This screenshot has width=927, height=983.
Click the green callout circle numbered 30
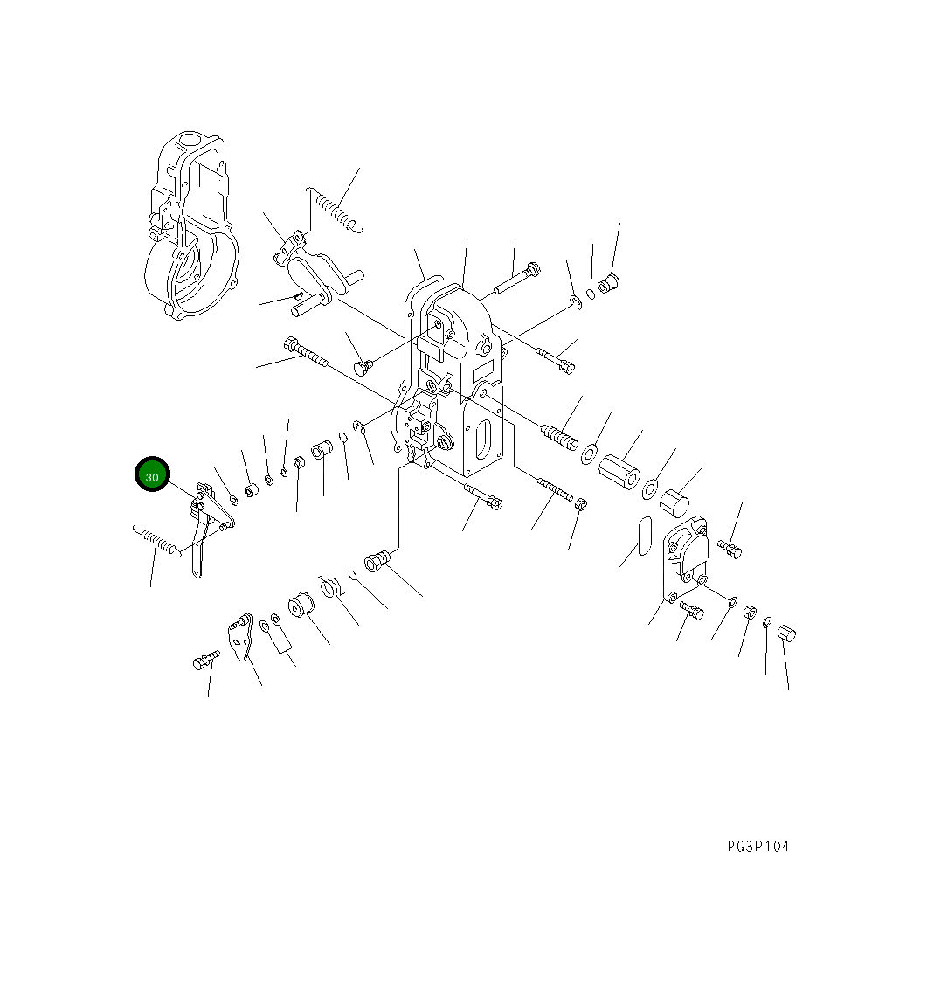tap(152, 476)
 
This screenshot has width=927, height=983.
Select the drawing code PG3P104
tap(758, 847)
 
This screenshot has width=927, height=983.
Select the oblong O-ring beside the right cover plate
tap(643, 536)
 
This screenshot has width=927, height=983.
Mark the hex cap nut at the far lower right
tap(788, 633)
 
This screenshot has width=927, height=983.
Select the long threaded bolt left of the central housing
tap(307, 354)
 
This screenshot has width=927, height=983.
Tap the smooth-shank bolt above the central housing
tap(516, 277)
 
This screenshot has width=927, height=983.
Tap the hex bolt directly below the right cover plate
tap(692, 611)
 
